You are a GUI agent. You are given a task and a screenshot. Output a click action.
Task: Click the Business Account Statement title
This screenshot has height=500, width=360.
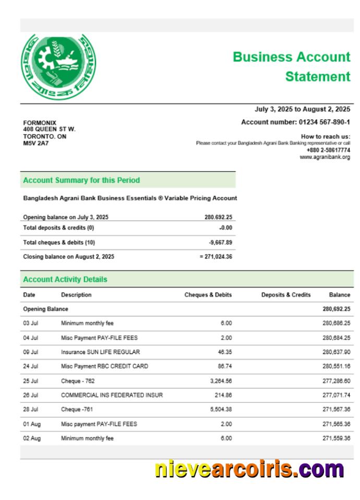(x=291, y=67)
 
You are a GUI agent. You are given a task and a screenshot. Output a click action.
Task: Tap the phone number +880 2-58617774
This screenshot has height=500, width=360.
(x=328, y=150)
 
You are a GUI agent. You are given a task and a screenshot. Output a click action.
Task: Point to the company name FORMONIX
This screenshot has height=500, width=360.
(x=40, y=123)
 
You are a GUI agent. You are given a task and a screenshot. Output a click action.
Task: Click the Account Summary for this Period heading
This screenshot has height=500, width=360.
(x=81, y=180)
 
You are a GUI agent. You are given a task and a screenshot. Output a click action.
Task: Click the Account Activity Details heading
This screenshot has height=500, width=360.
(x=65, y=279)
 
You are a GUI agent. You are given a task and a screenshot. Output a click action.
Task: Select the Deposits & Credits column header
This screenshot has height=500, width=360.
(x=285, y=295)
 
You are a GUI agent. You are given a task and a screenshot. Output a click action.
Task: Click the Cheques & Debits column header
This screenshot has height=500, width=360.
(x=208, y=295)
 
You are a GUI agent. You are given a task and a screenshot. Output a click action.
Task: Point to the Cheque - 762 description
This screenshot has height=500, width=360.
(x=79, y=381)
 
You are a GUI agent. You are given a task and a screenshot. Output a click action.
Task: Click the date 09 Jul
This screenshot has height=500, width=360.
(x=30, y=352)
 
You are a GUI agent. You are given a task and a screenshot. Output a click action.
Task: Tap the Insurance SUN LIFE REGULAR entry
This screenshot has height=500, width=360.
(x=100, y=352)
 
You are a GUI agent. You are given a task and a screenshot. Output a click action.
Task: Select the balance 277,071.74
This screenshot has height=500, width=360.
(x=336, y=396)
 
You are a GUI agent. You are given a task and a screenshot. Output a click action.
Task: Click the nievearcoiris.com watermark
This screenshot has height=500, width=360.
(x=249, y=470)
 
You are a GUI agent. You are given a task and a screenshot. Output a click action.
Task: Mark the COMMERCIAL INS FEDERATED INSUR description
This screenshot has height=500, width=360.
(x=112, y=396)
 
